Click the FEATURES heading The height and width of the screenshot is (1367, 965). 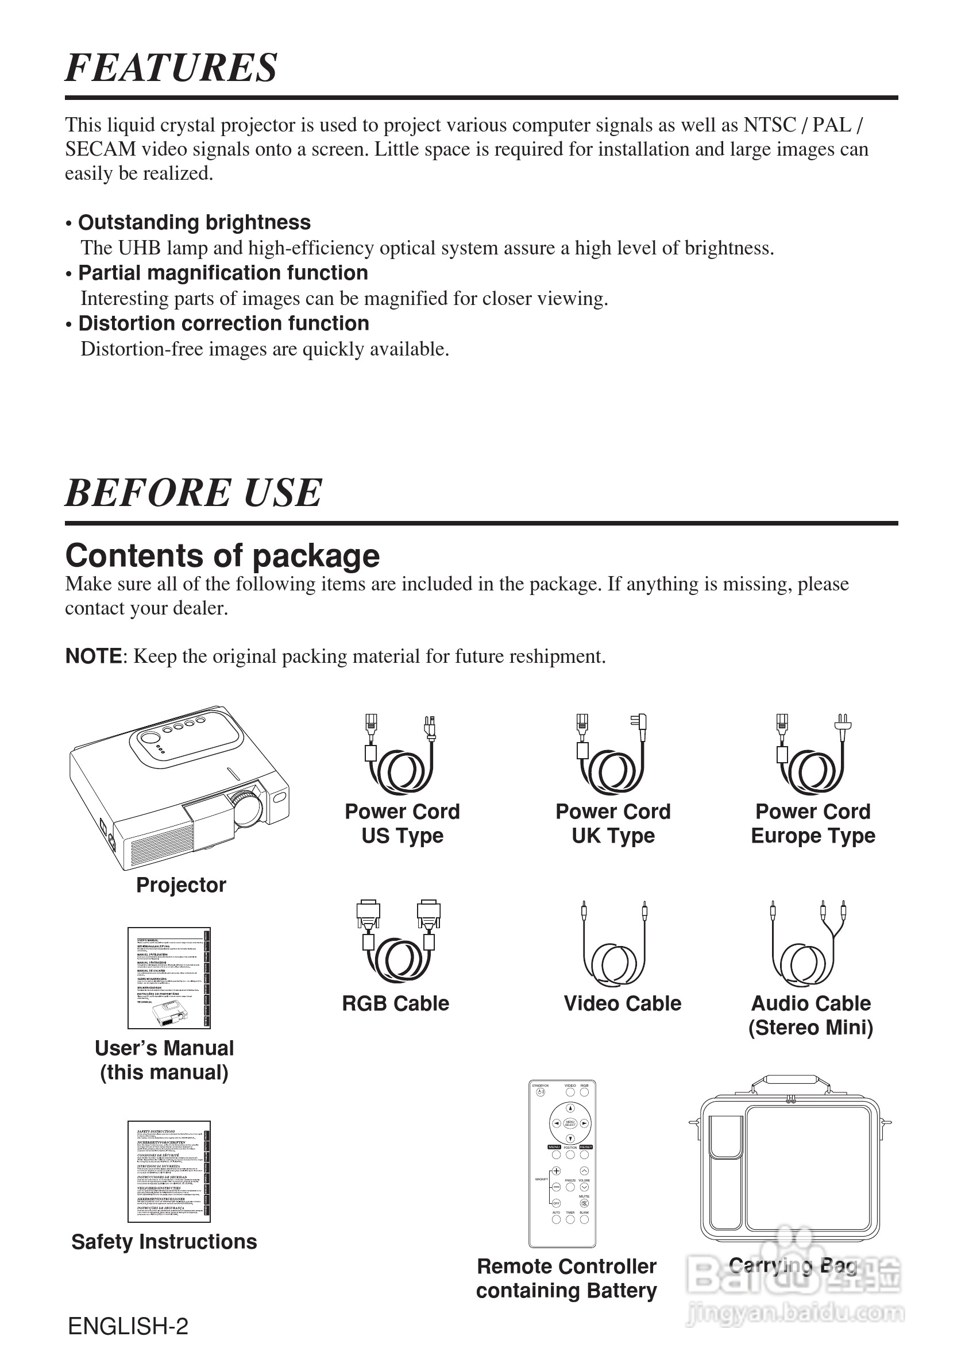(171, 67)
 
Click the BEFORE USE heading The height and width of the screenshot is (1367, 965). (193, 492)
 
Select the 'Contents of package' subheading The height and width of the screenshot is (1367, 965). (222, 555)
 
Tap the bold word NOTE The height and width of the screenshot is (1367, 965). (94, 656)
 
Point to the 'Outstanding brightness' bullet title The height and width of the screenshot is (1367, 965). (194, 222)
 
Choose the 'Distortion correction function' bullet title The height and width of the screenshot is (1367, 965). (223, 323)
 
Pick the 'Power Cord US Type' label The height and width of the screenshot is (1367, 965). (403, 824)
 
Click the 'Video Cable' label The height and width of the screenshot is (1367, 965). (622, 1003)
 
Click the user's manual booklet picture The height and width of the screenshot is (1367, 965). (169, 978)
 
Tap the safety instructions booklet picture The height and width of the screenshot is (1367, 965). (169, 1171)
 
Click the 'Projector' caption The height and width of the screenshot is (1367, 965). (181, 885)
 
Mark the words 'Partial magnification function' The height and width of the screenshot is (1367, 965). (223, 273)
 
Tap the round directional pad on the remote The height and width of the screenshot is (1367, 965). (570, 1123)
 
